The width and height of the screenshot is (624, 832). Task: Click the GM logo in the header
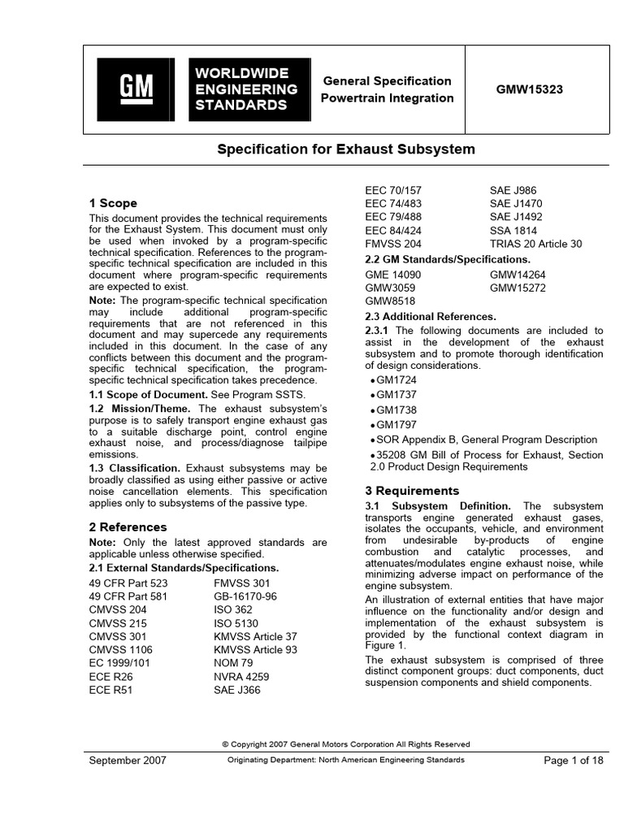click(136, 89)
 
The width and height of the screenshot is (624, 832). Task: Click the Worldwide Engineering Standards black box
click(249, 89)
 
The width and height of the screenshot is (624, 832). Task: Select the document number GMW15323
click(529, 89)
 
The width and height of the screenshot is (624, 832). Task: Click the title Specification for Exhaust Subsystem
click(345, 150)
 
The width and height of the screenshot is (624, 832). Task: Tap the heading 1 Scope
click(113, 203)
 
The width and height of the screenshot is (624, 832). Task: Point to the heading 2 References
click(128, 526)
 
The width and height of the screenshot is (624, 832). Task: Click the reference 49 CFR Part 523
click(128, 583)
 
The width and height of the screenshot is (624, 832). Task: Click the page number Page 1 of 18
click(573, 760)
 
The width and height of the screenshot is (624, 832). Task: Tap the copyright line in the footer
click(345, 744)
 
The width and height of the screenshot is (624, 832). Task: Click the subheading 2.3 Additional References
click(431, 316)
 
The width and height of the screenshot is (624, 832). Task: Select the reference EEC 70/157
click(393, 190)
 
